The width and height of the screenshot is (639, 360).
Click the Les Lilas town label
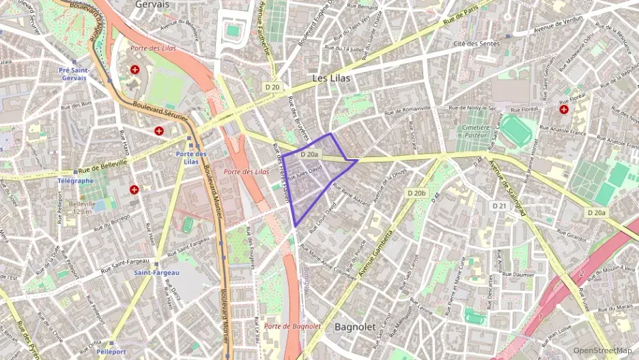point(331,79)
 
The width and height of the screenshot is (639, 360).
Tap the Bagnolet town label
point(355,327)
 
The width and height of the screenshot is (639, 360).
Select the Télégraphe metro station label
point(76,181)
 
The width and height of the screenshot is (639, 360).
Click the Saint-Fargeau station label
point(156,273)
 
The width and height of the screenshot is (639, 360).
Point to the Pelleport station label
point(111,352)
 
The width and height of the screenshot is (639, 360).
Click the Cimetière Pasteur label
point(475,132)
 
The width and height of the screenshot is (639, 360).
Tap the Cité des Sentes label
point(477,44)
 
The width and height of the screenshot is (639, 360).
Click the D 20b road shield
point(416,193)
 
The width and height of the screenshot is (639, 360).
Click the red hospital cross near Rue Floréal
point(564,109)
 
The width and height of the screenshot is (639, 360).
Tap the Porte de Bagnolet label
point(292,326)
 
